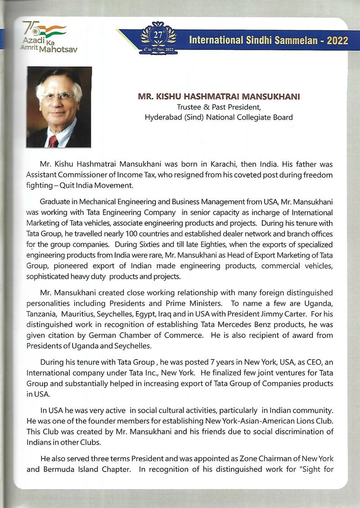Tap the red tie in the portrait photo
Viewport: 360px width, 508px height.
(54, 141)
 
